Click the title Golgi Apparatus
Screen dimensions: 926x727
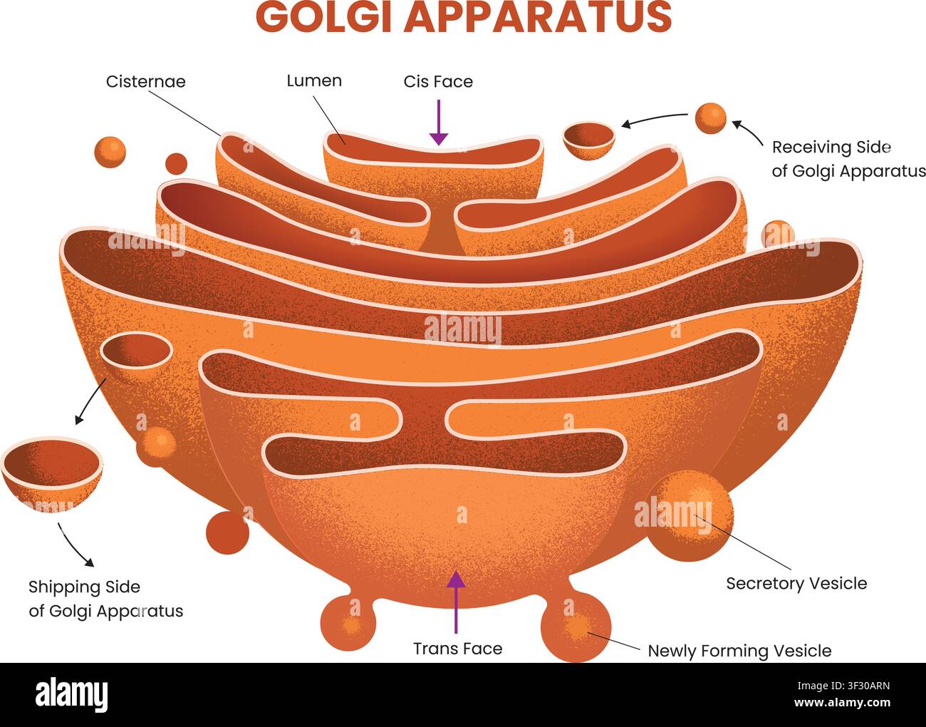click(x=464, y=17)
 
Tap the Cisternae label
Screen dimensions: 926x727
click(x=146, y=81)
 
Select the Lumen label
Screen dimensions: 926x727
click(x=314, y=81)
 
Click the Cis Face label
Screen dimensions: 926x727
click(x=438, y=81)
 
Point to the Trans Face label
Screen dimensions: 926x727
click(x=458, y=649)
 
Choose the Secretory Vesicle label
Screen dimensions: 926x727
click(x=796, y=583)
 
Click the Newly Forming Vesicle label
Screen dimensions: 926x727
click(x=739, y=651)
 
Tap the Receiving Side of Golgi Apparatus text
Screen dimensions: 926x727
click(x=849, y=159)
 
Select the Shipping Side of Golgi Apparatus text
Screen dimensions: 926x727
click(x=105, y=599)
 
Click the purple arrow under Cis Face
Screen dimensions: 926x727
click(x=439, y=123)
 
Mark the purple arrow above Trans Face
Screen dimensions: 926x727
click(x=456, y=602)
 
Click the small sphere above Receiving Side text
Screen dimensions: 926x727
click(x=710, y=118)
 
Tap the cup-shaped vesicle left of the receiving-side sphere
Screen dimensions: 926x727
click(x=589, y=140)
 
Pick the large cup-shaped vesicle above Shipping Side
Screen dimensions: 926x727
click(x=51, y=473)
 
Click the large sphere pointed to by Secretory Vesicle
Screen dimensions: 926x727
click(x=690, y=515)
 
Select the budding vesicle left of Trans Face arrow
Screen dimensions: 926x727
click(x=348, y=623)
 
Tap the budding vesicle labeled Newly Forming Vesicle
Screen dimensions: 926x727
click(x=576, y=627)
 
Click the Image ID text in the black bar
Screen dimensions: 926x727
click(x=843, y=686)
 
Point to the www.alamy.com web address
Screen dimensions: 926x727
click(x=842, y=702)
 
